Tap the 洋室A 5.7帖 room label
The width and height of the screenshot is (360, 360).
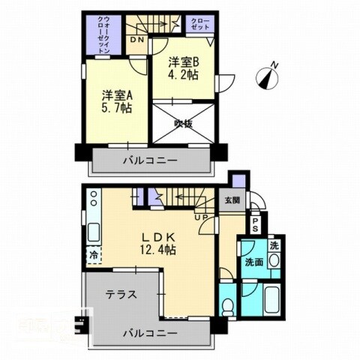[117, 101]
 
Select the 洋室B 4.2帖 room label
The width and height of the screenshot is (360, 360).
[184, 69]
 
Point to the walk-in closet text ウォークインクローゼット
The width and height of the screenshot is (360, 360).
[104, 34]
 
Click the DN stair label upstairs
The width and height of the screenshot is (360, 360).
[138, 40]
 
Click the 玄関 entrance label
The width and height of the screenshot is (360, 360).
[230, 200]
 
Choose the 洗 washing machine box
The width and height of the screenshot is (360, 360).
[274, 245]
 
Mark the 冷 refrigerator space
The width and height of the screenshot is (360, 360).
[94, 253]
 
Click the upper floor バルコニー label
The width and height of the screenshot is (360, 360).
[148, 160]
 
